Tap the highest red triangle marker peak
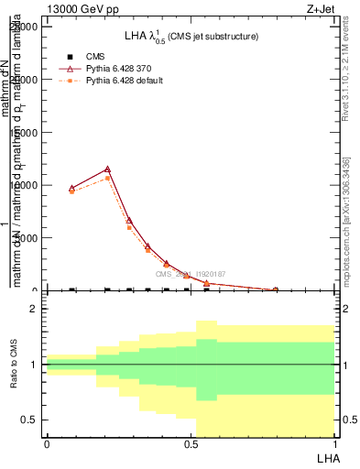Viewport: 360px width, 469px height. [107, 169]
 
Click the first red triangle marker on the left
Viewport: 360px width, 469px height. [72, 188]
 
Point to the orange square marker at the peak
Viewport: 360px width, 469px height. [107, 178]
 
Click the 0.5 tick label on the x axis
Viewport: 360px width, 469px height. [191, 443]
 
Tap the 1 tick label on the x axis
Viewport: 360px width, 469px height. [334, 443]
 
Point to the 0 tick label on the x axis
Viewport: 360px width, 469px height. [47, 443]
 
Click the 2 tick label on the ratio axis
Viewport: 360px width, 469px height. [32, 310]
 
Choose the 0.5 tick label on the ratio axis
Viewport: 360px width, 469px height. [28, 420]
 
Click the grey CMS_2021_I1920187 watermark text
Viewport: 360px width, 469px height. [190, 274]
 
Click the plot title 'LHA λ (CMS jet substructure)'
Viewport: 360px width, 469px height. [191, 37]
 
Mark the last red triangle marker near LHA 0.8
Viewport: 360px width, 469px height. [275, 289]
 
